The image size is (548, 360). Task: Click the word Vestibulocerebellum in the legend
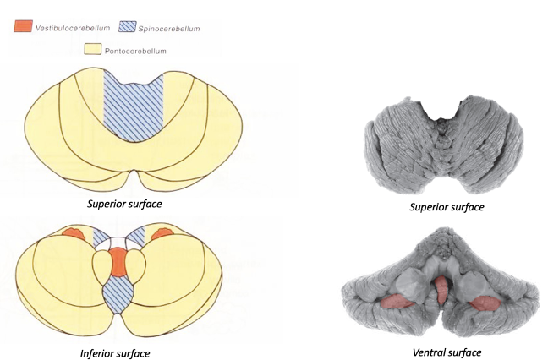[73, 29]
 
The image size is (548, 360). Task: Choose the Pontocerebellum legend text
[135, 51]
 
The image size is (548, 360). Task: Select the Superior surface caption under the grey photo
[447, 207]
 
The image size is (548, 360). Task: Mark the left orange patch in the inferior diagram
[74, 234]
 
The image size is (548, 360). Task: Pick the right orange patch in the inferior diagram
[161, 233]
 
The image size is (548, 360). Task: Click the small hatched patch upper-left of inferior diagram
[102, 237]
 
